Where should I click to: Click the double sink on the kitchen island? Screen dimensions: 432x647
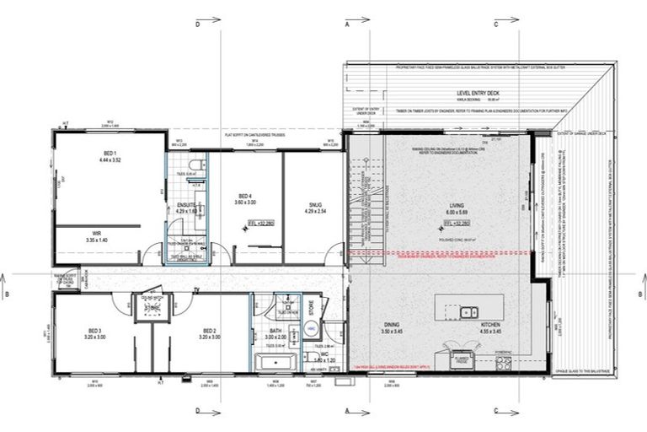point(468,313)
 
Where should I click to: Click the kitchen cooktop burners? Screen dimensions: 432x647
point(504,364)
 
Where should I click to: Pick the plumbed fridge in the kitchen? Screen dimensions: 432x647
point(461,359)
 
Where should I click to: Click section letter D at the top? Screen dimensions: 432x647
point(198,24)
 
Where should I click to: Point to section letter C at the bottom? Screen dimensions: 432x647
point(496,411)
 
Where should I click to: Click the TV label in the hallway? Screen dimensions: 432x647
point(195,289)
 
